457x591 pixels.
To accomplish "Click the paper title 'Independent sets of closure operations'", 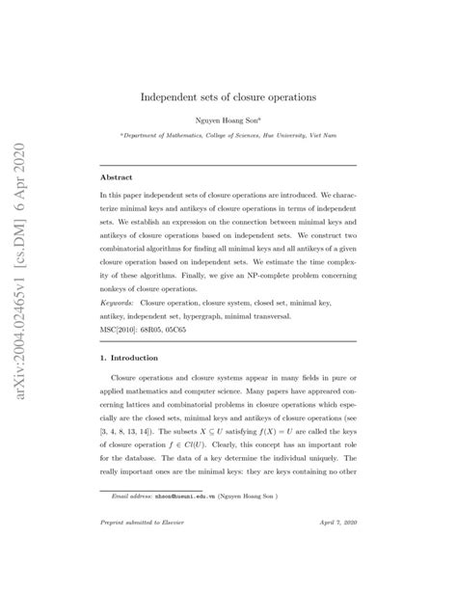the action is (x=229, y=97).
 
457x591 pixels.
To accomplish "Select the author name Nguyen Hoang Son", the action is (x=228, y=121).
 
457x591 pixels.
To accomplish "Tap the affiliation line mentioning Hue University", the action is (x=228, y=137).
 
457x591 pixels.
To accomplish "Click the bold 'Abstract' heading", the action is (x=118, y=178).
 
